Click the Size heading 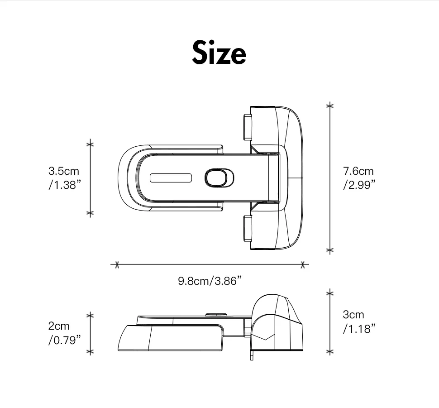click(219, 53)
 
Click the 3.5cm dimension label click(64, 171)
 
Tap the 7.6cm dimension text click(358, 171)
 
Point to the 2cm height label click(59, 326)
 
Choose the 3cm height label click(353, 315)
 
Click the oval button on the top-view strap click(219, 178)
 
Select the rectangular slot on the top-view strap click(171, 178)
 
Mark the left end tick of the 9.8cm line click(117, 264)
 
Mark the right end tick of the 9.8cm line click(304, 264)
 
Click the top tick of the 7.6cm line click(330, 106)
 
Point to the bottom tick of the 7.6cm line click(330, 250)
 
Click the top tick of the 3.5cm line click(90, 144)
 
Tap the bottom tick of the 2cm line click(90, 351)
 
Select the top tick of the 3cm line click(330, 293)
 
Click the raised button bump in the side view click(216, 314)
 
